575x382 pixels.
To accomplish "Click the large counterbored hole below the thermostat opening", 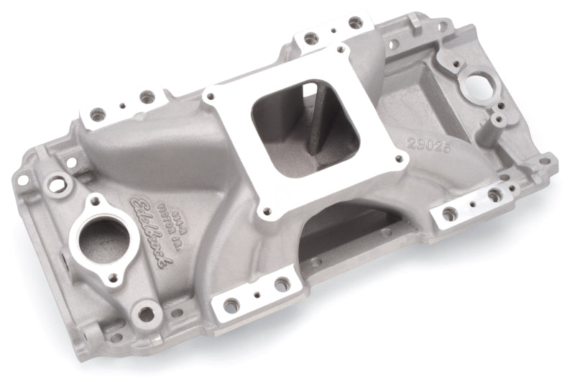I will (147, 314).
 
